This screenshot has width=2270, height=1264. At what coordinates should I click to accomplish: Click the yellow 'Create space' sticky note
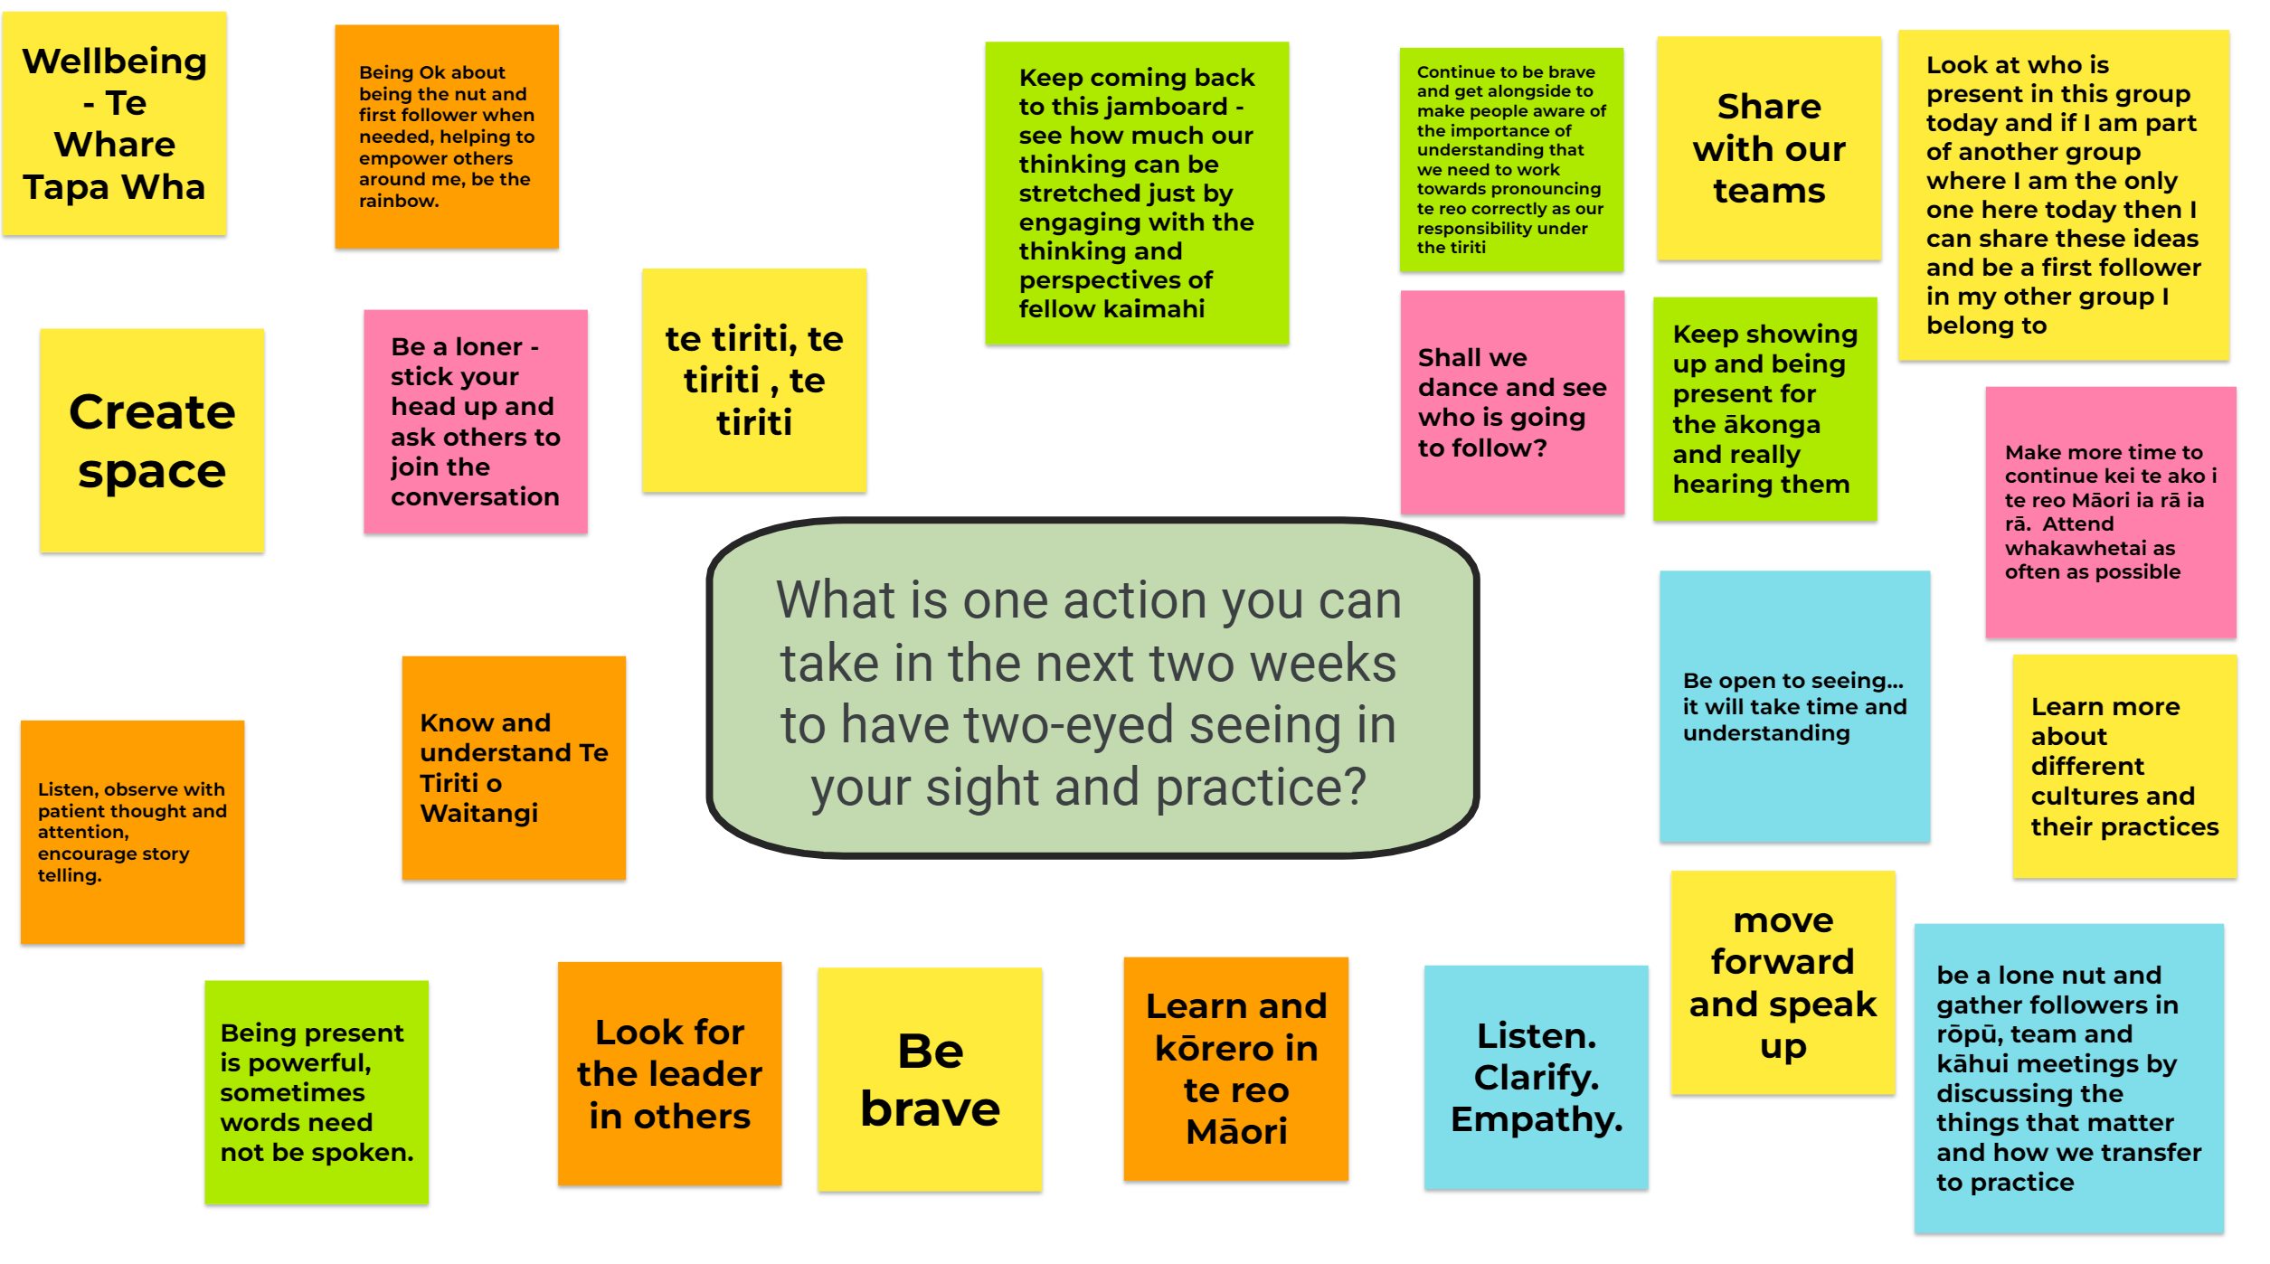pos(152,440)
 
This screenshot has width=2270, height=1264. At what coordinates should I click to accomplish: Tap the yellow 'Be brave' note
pos(930,1080)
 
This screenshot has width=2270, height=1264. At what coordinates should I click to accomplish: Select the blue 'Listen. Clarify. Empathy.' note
pos(1536,1077)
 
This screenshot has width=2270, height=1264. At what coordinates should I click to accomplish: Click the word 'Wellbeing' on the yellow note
pos(115,61)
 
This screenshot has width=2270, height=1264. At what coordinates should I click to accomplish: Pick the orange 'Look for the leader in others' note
pos(669,1073)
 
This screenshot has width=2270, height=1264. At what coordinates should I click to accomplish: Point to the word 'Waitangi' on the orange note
pos(479,814)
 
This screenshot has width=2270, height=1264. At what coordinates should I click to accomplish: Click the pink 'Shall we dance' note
pos(1512,402)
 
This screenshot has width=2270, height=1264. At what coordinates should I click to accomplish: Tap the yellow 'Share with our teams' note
pos(1769,148)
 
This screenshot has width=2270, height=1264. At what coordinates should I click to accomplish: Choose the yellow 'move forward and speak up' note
pos(1783,983)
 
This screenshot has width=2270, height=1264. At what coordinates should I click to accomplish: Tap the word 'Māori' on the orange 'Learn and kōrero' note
pos(1236,1131)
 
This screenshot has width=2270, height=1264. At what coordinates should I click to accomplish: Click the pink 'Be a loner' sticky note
pos(476,421)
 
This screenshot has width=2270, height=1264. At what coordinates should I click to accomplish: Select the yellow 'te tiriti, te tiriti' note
pos(754,381)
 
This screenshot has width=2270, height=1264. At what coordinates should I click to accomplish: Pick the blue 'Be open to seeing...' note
pos(1794,706)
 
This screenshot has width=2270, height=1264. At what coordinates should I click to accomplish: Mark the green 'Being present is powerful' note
pos(317,1092)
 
